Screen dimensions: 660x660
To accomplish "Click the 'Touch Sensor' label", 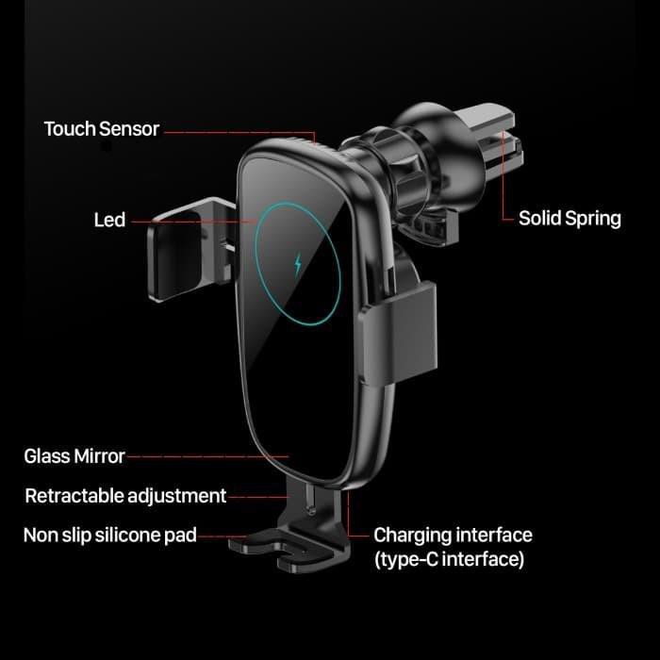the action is pos(102,129).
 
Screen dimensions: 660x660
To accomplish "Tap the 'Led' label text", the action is pos(109,220).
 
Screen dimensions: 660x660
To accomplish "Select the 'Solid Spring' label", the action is pos(569,219).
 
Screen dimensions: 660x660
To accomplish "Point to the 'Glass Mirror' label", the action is pos(74,456).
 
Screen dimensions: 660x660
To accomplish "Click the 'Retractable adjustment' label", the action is pos(125,496).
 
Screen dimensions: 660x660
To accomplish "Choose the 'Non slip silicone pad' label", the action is pos(110,536).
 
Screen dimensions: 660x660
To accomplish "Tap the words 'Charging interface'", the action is pos(453,535).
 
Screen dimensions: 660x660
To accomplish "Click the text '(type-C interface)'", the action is pos(450,559).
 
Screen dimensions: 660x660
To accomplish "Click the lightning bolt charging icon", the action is pos(298,264).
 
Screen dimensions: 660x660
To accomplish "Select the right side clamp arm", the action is pos(398,333).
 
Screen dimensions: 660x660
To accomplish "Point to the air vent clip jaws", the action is pos(490,139).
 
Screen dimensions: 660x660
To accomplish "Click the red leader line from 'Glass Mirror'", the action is pos(207,456).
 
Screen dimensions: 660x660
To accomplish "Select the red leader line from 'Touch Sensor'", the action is pos(239,132).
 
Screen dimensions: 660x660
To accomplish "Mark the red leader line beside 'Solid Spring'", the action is pos(503,177).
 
